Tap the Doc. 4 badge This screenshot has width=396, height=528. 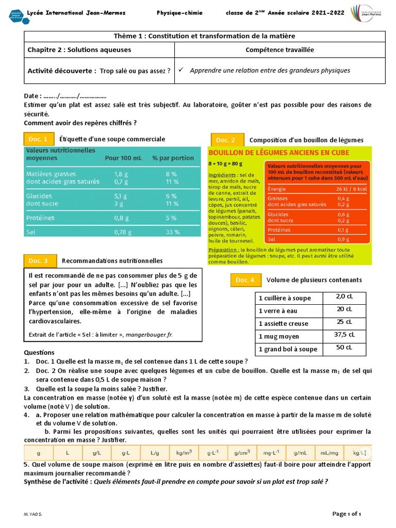pyautogui.click(x=245, y=280)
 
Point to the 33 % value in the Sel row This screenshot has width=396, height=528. pyautogui.click(x=172, y=233)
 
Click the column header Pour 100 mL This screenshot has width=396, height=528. pyautogui.click(x=123, y=158)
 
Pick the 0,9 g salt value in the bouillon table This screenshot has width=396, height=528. pyautogui.click(x=343, y=239)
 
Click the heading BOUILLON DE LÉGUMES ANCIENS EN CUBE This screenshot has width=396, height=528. pyautogui.click(x=278, y=153)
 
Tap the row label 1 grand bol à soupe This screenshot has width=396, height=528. pyautogui.click(x=288, y=349)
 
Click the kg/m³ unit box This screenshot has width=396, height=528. pyautogui.click(x=184, y=453)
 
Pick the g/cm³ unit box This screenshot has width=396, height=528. pyautogui.click(x=242, y=453)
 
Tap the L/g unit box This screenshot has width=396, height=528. pyautogui.click(x=155, y=453)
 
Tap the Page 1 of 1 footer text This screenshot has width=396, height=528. pyautogui.click(x=346, y=514)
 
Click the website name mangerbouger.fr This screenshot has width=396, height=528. pyautogui.click(x=149, y=335)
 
